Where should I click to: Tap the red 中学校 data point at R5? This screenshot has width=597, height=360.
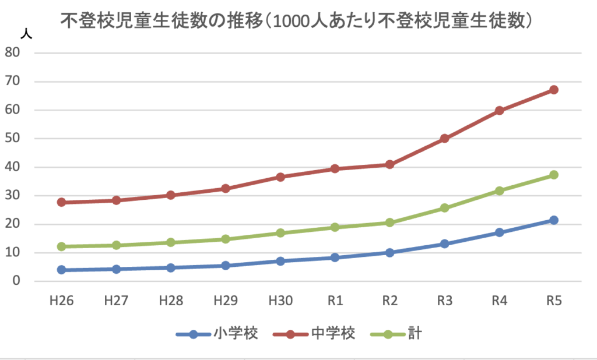553,90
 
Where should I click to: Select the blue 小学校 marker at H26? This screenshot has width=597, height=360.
61,270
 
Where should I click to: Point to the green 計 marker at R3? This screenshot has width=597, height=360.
444,207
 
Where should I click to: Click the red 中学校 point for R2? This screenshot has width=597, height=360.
389,165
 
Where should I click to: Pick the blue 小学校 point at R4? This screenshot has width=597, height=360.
499,232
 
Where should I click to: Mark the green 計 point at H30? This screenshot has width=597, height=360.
280,233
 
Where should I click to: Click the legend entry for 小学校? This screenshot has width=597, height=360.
216,334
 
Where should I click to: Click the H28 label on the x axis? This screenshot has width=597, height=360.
170,302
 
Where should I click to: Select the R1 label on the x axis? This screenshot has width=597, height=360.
335,302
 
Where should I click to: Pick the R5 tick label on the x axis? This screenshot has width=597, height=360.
553,302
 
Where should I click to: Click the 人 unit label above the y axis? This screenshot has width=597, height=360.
26,33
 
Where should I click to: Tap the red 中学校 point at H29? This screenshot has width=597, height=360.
225,189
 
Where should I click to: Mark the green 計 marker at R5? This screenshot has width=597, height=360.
553,175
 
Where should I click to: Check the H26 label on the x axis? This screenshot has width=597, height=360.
61,302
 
